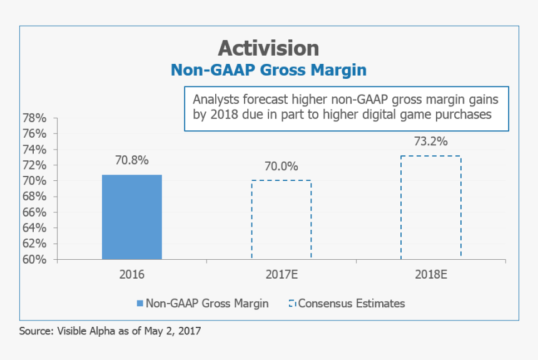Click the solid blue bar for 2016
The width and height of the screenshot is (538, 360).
(132, 217)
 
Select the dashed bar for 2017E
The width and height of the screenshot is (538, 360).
(281, 220)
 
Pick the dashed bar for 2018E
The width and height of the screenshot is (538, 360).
(430, 207)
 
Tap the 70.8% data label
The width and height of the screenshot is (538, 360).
(132, 160)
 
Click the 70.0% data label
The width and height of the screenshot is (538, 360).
(281, 167)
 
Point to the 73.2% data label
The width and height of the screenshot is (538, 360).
(430, 141)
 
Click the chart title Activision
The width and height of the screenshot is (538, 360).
(268, 48)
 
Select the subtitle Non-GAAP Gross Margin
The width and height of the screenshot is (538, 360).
(268, 69)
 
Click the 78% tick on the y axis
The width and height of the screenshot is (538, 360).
(36, 118)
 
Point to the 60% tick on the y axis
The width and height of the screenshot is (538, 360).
(36, 259)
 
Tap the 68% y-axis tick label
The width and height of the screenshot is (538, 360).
(36, 197)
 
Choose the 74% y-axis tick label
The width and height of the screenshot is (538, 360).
(36, 150)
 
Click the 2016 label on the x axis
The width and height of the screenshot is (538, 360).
(132, 274)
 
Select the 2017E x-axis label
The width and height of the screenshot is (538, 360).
(281, 274)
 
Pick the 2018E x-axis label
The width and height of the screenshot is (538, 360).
(430, 274)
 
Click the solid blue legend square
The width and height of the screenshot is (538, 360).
(139, 304)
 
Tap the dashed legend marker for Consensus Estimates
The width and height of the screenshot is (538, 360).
(292, 304)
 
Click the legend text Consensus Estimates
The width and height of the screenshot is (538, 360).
(352, 304)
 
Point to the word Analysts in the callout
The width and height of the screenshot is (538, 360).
(214, 100)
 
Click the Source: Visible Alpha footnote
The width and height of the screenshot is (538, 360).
(110, 331)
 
